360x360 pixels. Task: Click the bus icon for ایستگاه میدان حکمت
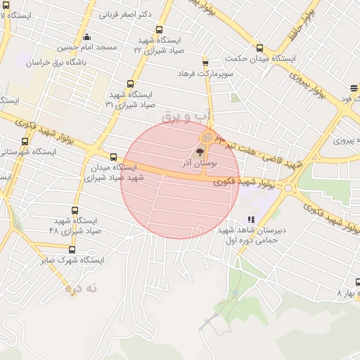[x=260, y=48]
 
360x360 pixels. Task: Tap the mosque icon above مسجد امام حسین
[x=86, y=37]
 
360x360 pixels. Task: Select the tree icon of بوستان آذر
[x=200, y=151]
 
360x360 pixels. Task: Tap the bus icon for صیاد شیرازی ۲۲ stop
[x=159, y=30]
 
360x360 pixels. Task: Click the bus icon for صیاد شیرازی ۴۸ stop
[x=76, y=210]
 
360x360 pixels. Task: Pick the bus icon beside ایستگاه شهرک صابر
[x=72, y=250]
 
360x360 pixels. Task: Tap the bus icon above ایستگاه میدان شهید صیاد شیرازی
[x=114, y=157]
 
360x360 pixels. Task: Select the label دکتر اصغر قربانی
[x=127, y=13]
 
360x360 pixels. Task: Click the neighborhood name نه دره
[x=81, y=288]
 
